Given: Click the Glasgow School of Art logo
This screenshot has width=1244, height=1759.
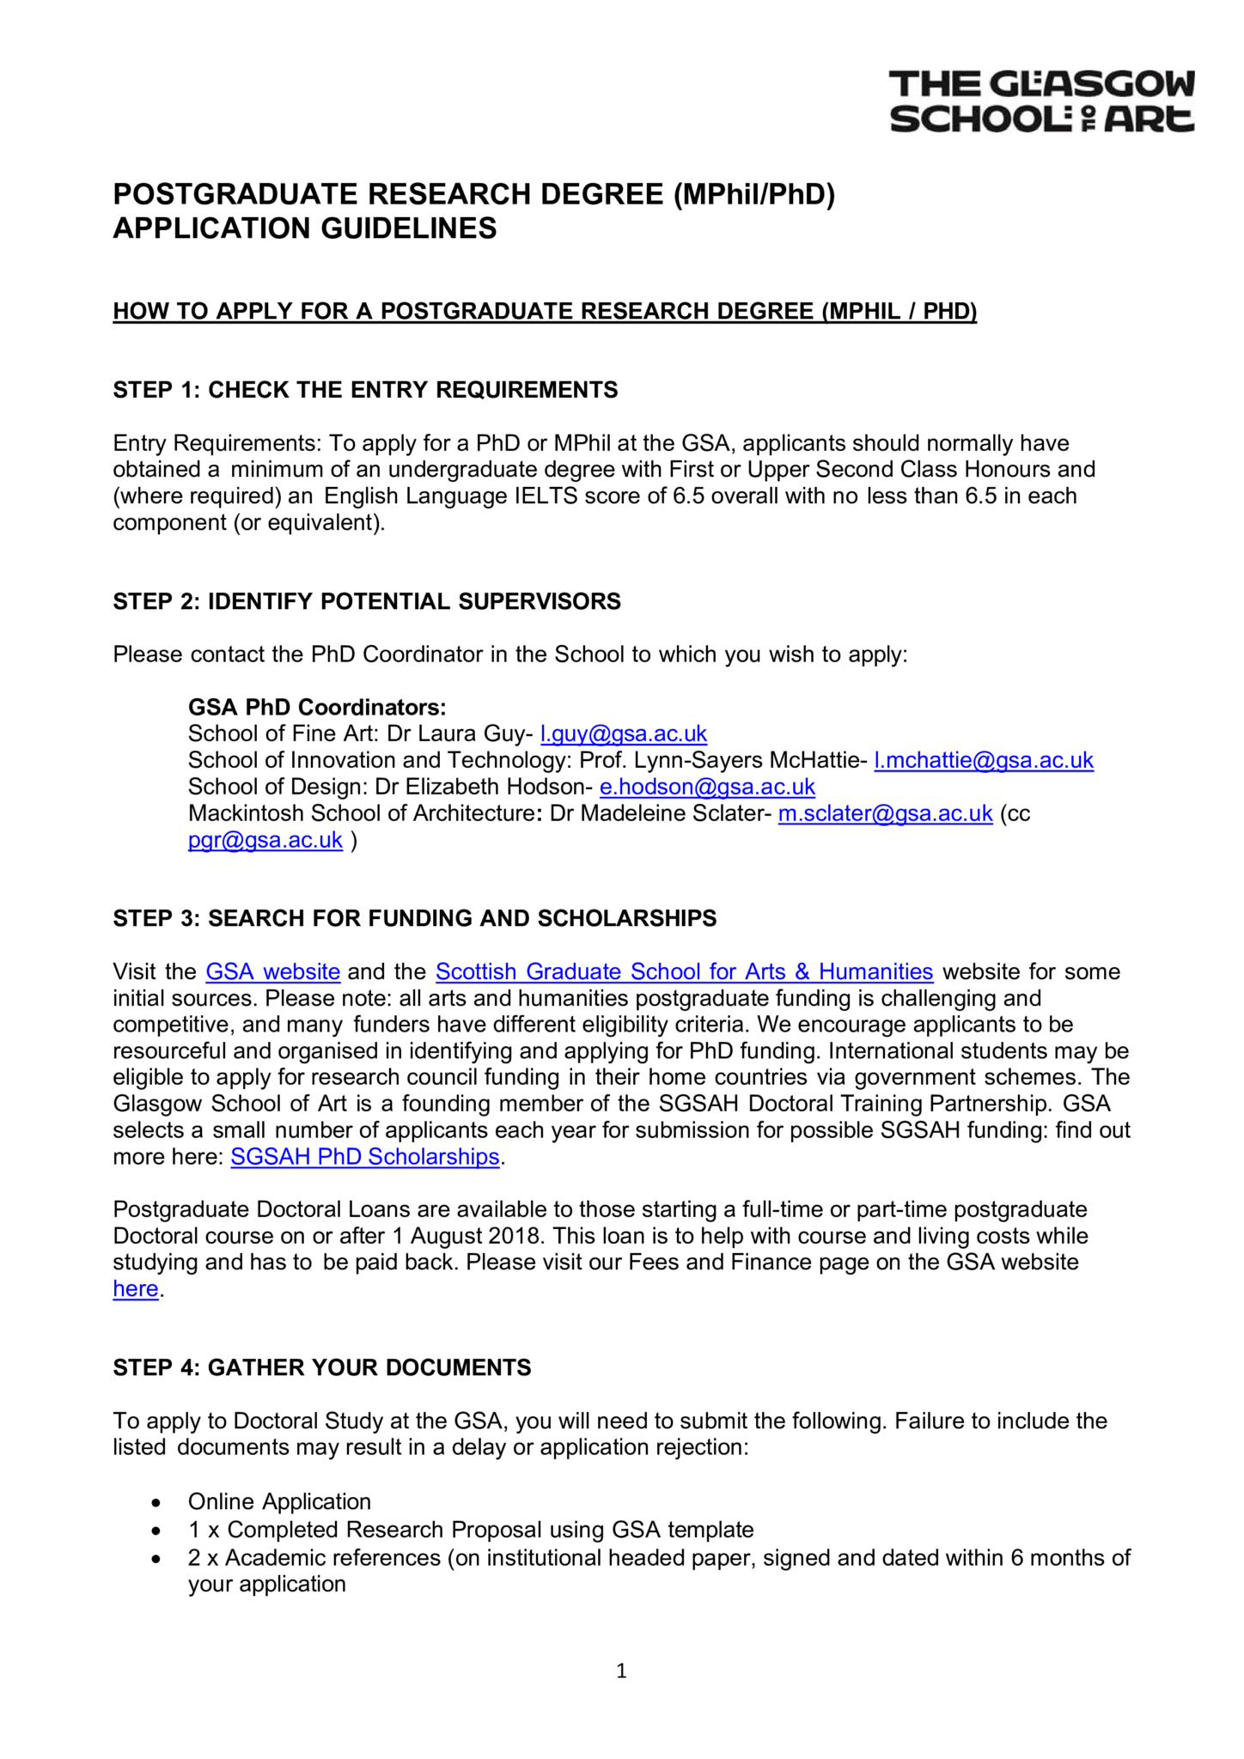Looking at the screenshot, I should [1041, 101].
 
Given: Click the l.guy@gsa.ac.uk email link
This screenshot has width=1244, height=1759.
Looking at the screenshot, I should [623, 733].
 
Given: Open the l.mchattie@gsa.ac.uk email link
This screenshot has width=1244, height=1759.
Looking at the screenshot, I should [983, 760].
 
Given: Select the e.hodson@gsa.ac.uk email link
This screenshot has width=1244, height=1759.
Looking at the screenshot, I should [707, 787].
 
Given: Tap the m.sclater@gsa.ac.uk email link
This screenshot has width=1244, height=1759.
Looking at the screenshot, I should [885, 813].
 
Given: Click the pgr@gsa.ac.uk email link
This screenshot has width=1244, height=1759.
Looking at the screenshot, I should [265, 840].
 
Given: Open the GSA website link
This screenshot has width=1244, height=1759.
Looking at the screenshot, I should [273, 971].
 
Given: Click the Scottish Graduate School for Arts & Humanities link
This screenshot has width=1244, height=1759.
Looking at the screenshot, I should [684, 971].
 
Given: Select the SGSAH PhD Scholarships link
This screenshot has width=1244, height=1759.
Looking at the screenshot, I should [365, 1157].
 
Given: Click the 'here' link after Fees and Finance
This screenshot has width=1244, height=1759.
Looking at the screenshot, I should [136, 1289].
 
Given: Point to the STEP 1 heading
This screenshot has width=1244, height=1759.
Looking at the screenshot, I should [365, 390].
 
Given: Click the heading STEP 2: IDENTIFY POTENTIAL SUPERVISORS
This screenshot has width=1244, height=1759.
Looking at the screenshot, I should [367, 601].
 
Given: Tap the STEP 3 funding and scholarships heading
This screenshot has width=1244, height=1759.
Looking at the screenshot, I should [415, 918].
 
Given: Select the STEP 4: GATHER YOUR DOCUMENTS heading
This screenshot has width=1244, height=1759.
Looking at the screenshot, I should [322, 1367].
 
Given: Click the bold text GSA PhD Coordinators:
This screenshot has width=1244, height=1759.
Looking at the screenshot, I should [317, 707].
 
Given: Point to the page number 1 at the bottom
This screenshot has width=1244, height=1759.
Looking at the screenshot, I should [622, 1671].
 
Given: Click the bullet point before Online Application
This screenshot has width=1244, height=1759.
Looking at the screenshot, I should [155, 1502].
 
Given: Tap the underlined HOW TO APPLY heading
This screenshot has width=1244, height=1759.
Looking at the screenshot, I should [545, 311].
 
